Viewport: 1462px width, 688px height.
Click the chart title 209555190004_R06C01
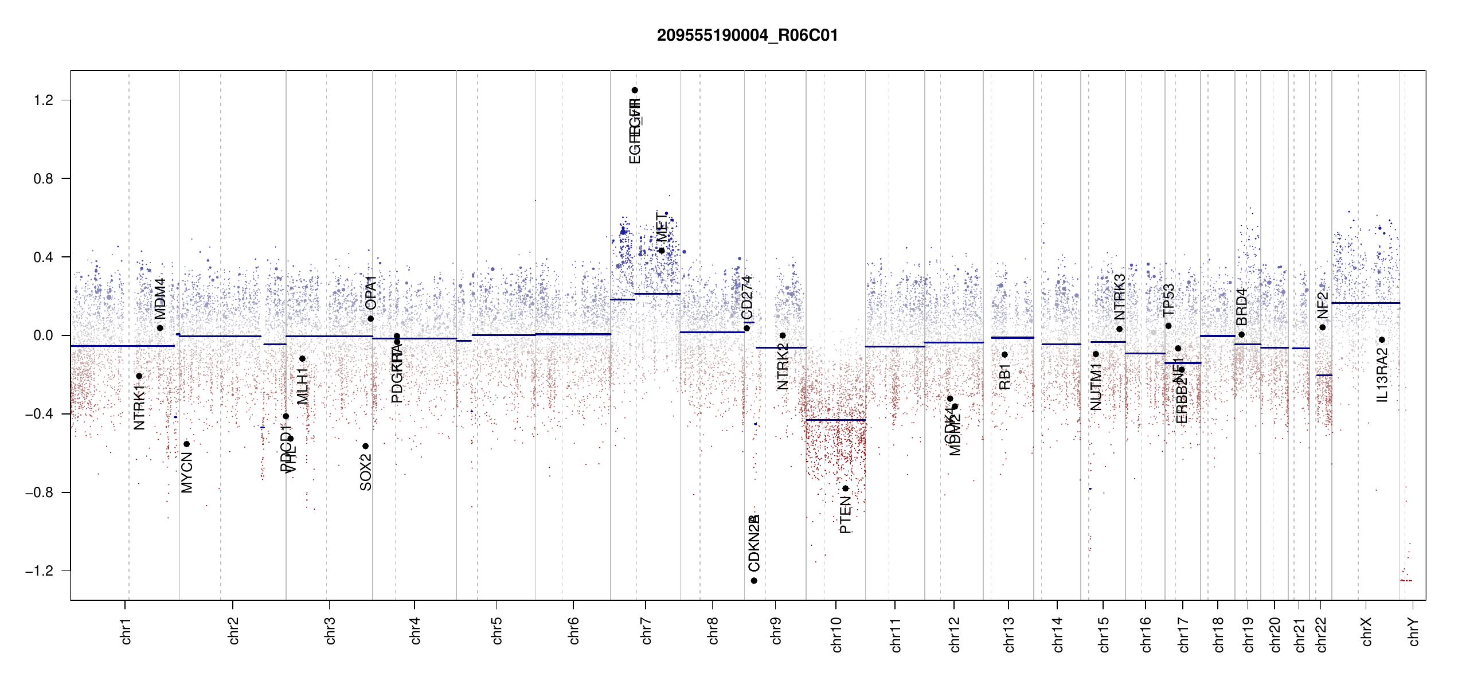click(747, 36)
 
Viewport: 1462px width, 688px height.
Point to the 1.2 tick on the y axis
click(43, 100)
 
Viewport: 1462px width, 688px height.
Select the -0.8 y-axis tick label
click(39, 492)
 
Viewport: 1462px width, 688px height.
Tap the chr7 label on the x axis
click(646, 631)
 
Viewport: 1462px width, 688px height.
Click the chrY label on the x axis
click(1413, 631)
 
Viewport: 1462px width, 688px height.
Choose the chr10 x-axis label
click(836, 634)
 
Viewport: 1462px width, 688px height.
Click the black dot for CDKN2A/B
click(754, 581)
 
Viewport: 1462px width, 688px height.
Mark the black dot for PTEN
click(845, 488)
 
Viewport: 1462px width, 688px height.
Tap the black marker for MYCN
click(186, 444)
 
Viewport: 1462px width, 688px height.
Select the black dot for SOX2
click(365, 446)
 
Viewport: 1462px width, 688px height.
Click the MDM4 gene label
click(160, 299)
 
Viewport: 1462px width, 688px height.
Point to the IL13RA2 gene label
click(1382, 375)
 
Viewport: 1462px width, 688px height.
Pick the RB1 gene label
click(1004, 377)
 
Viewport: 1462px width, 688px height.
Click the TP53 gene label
click(1168, 300)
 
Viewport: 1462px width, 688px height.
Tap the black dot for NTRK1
click(139, 376)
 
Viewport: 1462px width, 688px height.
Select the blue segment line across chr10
click(835, 420)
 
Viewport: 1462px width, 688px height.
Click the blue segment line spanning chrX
click(1365, 303)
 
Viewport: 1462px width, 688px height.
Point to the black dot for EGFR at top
click(635, 90)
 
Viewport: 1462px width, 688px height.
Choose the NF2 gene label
click(1322, 305)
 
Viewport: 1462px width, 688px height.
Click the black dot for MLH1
click(302, 359)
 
